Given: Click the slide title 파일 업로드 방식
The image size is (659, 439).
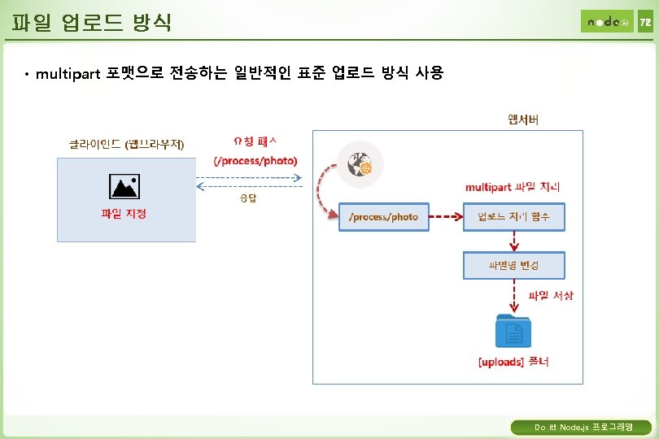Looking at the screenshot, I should pyautogui.click(x=92, y=20).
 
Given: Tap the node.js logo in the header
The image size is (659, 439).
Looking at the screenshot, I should pyautogui.click(x=606, y=22).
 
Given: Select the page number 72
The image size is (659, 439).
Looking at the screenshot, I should pyautogui.click(x=644, y=22).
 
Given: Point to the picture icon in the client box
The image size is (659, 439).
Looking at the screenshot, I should pyautogui.click(x=124, y=188).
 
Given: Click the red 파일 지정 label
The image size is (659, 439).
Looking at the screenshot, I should pyautogui.click(x=124, y=214).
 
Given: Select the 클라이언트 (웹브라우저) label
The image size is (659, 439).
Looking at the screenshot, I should pyautogui.click(x=126, y=145).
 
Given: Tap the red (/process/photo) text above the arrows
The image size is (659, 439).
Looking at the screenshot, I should pyautogui.click(x=255, y=160).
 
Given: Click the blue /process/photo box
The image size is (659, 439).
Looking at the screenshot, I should pyautogui.click(x=383, y=217).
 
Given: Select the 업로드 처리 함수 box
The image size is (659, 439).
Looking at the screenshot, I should pyautogui.click(x=513, y=217).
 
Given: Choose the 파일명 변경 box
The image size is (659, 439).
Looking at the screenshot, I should pyautogui.click(x=513, y=265).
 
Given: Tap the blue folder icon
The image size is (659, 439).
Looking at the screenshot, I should pyautogui.click(x=513, y=331).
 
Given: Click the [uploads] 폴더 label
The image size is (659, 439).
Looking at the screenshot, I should pyautogui.click(x=513, y=362).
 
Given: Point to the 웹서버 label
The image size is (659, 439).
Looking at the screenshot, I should pyautogui.click(x=522, y=120).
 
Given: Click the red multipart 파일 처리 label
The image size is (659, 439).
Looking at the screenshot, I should pyautogui.click(x=512, y=187).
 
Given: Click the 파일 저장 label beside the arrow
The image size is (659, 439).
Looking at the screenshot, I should pyautogui.click(x=551, y=295).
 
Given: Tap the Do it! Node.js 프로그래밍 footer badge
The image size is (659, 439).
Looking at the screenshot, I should pyautogui.click(x=581, y=427).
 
